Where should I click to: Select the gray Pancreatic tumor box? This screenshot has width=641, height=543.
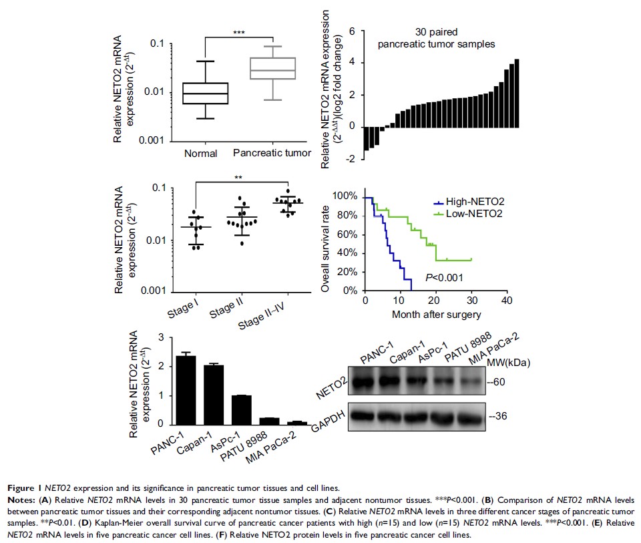272,69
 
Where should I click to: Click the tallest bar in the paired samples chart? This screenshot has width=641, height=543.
516,93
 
